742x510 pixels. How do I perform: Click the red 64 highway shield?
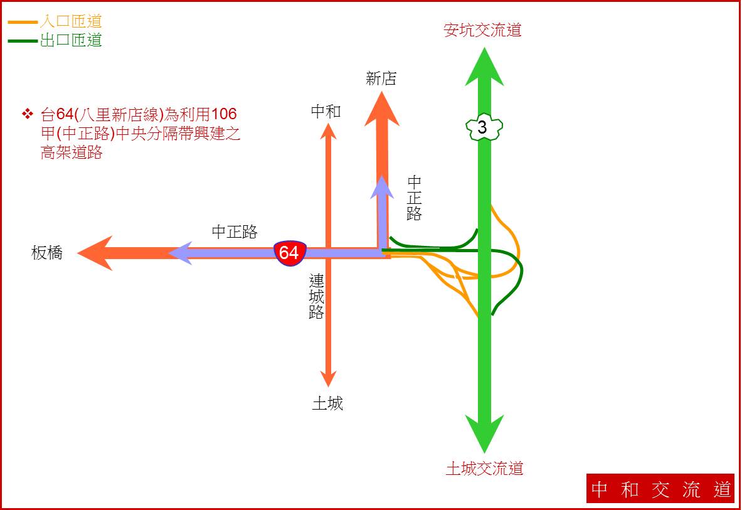[x=290, y=253]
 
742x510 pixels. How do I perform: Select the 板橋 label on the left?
[x=47, y=253]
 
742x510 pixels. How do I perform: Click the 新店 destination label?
[x=381, y=78]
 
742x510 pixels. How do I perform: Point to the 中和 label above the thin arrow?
[x=326, y=111]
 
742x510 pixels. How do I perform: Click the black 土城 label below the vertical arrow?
[x=327, y=403]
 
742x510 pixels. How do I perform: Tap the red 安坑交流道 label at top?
[x=482, y=30]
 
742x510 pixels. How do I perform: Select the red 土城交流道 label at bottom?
[x=485, y=469]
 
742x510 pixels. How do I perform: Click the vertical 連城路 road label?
[x=317, y=296]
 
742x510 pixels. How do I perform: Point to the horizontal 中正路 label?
[x=235, y=231]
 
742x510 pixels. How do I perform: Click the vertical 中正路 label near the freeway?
[x=414, y=198]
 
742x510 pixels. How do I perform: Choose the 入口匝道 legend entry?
[x=55, y=21]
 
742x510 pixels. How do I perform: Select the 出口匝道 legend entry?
[x=55, y=40]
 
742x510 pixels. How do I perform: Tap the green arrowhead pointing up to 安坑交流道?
[x=484, y=68]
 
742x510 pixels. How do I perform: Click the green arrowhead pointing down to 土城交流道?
[x=484, y=433]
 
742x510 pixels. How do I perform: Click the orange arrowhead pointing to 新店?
[x=382, y=109]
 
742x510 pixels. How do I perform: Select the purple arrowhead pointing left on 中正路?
[x=180, y=253]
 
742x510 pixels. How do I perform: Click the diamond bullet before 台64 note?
[x=28, y=114]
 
